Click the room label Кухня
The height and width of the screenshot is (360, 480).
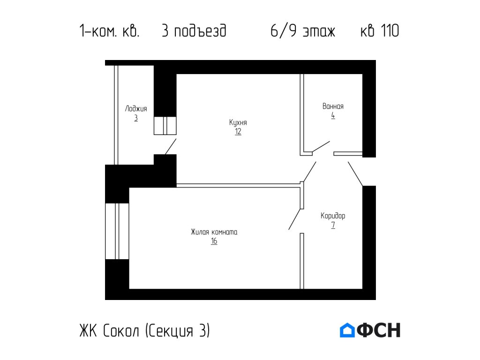tap(238, 122)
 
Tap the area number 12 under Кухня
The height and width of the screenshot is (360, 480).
tap(238, 132)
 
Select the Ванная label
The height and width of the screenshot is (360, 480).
tap(333, 106)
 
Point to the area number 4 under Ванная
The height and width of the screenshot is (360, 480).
tap(333, 115)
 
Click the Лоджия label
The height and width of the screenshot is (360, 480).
tap(136, 109)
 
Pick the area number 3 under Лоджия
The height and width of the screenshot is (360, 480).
tap(136, 118)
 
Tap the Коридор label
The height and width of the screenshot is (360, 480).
tap(333, 216)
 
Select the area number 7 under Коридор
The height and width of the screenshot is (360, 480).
tap(333, 225)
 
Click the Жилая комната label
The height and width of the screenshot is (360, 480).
tap(214, 232)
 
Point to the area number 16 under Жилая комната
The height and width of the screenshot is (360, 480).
tap(214, 241)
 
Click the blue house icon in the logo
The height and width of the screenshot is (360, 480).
tap(347, 330)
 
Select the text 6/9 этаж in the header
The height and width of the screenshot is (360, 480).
tap(303, 31)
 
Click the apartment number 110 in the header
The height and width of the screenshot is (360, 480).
tap(390, 31)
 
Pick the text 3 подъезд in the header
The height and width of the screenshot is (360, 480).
tap(194, 31)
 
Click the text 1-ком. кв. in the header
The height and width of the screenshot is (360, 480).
tap(109, 31)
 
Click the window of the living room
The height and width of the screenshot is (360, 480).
tap(117, 231)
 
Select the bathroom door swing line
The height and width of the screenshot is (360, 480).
tap(321, 146)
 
